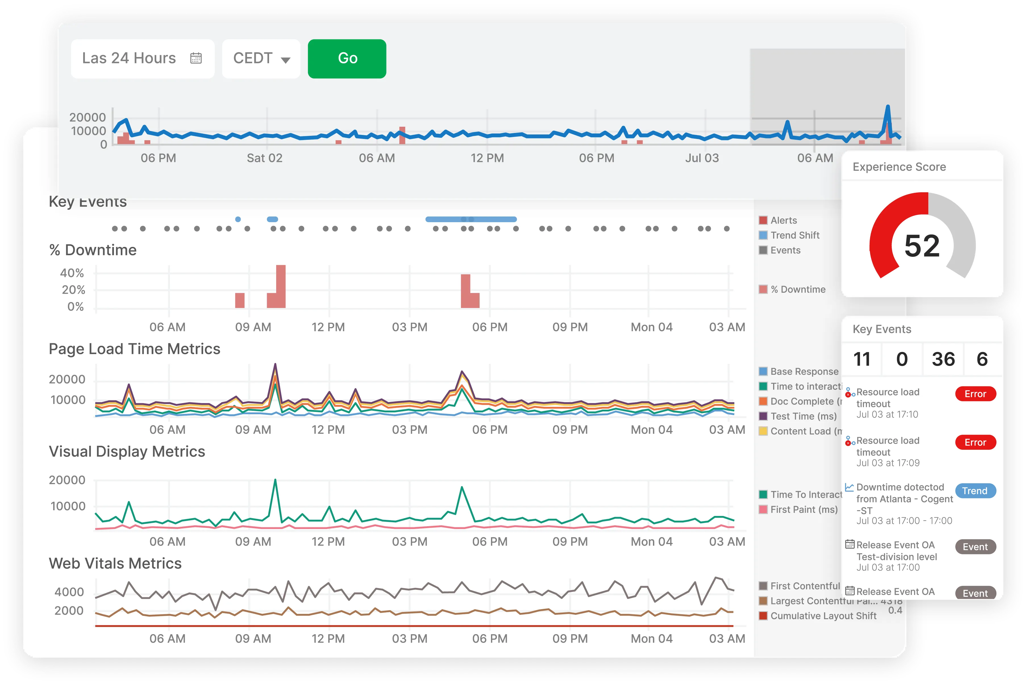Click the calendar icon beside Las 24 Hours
point(196,58)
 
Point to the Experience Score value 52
point(922,246)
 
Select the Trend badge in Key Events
point(975,491)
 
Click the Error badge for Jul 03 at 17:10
point(975,394)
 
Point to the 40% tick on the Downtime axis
point(72,273)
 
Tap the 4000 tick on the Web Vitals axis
point(69,592)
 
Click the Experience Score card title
point(899,167)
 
